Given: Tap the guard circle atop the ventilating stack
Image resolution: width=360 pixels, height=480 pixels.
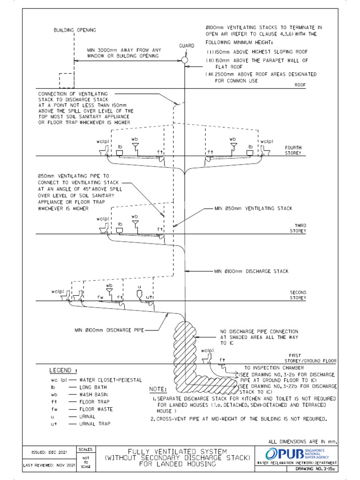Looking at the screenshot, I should [x=185, y=60].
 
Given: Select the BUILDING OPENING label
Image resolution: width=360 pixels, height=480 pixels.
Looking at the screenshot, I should [x=74, y=30].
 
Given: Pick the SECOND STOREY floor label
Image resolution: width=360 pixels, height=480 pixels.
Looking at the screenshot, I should [x=298, y=295].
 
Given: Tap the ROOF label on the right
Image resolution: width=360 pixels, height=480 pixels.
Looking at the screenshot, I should [x=300, y=85].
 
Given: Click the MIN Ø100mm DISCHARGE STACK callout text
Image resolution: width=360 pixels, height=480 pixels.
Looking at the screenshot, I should [x=251, y=271].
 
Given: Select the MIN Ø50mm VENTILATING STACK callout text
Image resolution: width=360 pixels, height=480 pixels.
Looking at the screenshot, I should [x=253, y=208].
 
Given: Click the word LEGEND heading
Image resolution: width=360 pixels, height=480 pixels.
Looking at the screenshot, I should [x=63, y=371].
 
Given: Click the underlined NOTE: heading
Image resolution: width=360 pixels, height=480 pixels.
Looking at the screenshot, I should [x=158, y=390].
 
